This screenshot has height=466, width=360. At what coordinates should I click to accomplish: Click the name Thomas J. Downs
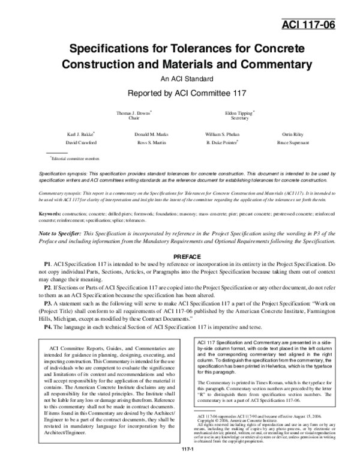click(133, 113)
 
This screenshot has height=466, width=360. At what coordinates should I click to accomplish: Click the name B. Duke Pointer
click(223, 143)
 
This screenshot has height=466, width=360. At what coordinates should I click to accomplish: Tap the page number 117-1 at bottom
click(180, 460)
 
